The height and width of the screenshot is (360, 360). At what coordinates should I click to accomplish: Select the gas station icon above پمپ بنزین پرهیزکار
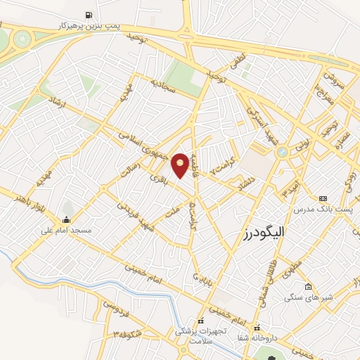pos(89,15)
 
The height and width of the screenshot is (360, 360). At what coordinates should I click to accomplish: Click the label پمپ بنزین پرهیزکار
pos(89,25)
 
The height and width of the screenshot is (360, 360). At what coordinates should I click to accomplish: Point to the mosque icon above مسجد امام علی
pos(65,219)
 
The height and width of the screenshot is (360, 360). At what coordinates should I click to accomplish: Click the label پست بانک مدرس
pos(323,209)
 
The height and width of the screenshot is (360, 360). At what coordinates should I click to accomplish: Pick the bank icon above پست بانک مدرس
pos(323,199)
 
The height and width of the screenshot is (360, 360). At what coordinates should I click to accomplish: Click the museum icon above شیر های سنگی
pos(308,286)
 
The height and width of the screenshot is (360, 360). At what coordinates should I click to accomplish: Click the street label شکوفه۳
pos(120,333)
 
